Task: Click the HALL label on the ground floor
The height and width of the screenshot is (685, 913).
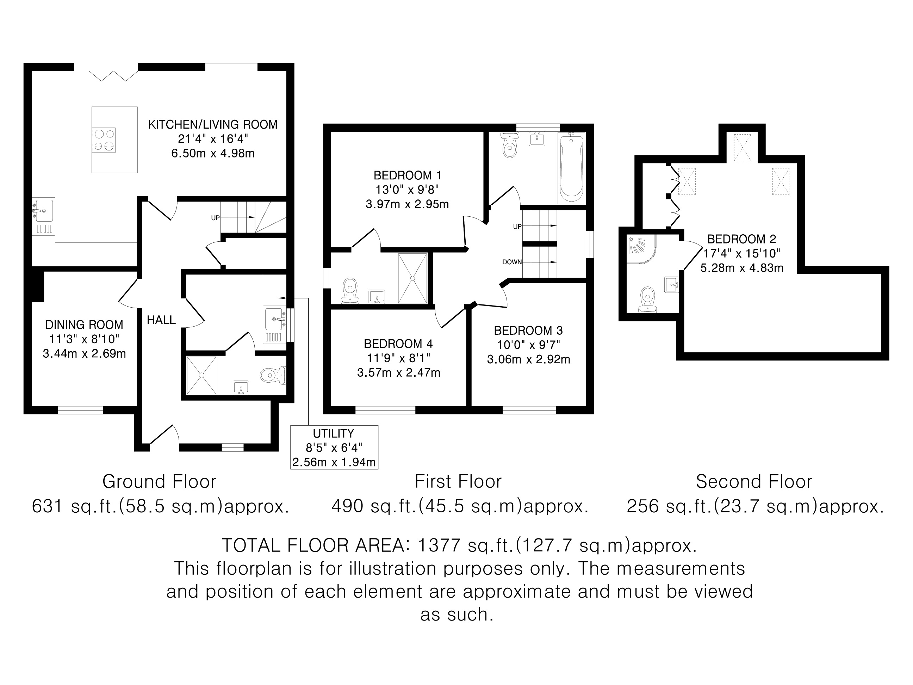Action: (161, 320)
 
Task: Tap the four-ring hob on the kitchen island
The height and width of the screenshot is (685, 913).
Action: (104, 140)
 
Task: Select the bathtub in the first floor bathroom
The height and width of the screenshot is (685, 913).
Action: (571, 168)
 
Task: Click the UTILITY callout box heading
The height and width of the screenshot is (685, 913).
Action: (334, 433)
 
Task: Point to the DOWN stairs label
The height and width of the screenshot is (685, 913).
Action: (512, 262)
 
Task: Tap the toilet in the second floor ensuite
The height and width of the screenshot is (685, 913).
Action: (647, 300)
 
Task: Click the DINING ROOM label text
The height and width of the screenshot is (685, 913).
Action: (84, 325)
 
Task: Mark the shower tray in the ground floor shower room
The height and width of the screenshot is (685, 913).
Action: (201, 375)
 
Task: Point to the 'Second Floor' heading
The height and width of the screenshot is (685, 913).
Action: (754, 481)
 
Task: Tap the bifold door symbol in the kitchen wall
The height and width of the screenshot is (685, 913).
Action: (113, 75)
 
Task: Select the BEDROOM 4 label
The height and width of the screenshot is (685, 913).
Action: (398, 344)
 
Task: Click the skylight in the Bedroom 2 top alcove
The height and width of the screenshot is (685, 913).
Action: (742, 147)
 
